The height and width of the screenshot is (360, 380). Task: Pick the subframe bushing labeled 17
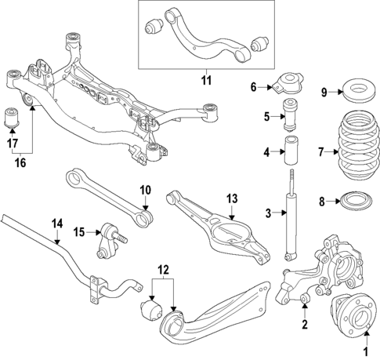pos(13,120)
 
